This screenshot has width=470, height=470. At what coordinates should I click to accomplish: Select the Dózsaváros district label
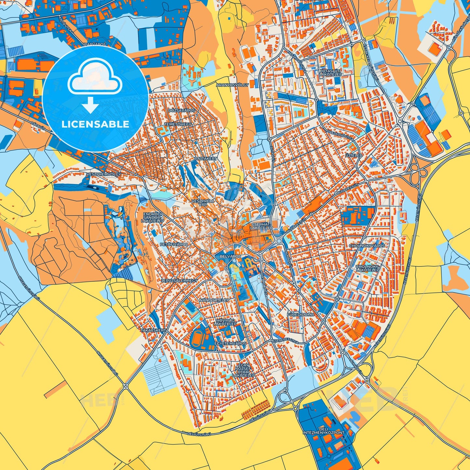[182, 111]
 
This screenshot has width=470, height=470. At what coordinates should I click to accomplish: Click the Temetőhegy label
[178, 124]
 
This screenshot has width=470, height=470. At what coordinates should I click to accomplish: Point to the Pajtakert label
[206, 158]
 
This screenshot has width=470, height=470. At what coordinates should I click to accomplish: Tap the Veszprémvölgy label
[104, 174]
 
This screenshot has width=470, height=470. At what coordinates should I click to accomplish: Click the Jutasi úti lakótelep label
[330, 72]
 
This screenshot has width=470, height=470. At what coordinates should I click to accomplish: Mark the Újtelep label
[354, 155]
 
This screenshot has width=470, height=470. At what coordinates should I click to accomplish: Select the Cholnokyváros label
[367, 246]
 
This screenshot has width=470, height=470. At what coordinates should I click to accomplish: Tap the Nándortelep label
[214, 300]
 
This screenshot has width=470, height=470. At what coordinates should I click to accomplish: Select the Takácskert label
[153, 330]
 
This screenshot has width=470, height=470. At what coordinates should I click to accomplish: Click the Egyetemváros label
[230, 343]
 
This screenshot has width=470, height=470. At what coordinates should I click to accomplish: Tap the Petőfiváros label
[174, 244]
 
